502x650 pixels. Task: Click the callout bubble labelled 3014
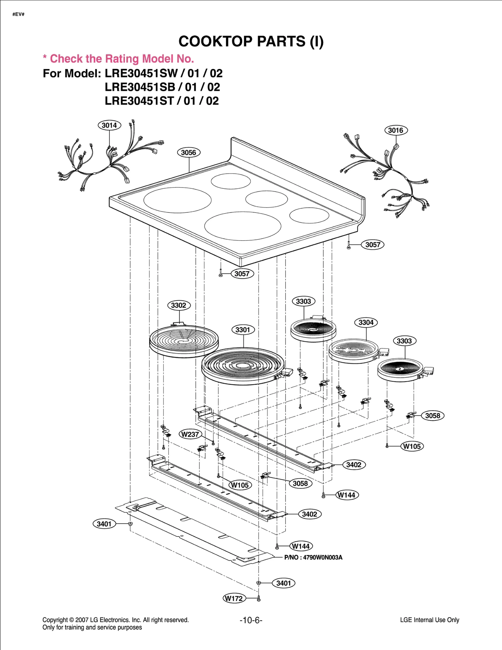[x=109, y=125]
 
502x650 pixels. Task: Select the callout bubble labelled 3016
[x=396, y=130]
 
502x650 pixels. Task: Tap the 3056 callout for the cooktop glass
[x=189, y=153]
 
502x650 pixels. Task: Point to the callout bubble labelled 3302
[x=179, y=305]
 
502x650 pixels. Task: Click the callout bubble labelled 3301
[x=243, y=330]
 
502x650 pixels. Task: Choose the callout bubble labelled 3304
[x=366, y=323]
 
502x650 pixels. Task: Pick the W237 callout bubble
[x=190, y=434]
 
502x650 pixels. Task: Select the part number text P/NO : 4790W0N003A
[x=313, y=558]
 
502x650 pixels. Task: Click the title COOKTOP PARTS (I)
[x=251, y=41]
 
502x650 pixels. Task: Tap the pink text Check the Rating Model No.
[x=122, y=59]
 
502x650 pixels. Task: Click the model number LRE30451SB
[x=140, y=87]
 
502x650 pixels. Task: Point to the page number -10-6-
[x=251, y=620]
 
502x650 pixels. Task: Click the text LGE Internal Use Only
[x=430, y=620]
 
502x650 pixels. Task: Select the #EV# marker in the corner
[x=19, y=14]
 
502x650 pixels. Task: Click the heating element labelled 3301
[x=243, y=366]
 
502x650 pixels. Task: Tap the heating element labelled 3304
[x=353, y=351]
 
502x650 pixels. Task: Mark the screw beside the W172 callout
[x=259, y=599]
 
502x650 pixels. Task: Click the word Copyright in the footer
[x=55, y=620]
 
